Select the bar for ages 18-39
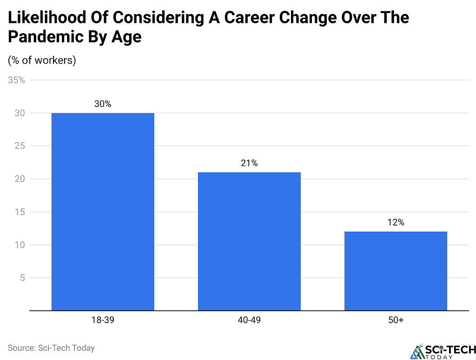click(x=103, y=212)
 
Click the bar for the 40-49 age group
click(x=249, y=241)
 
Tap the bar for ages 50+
click(x=396, y=271)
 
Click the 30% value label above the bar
click(x=103, y=104)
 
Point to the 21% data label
click(x=249, y=163)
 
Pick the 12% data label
click(x=396, y=222)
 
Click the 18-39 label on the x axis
click(x=103, y=320)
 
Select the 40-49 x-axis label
click(x=249, y=320)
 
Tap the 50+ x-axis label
click(x=396, y=320)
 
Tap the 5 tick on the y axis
click(x=21, y=278)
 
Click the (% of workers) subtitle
click(x=42, y=60)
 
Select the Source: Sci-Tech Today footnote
click(x=51, y=347)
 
